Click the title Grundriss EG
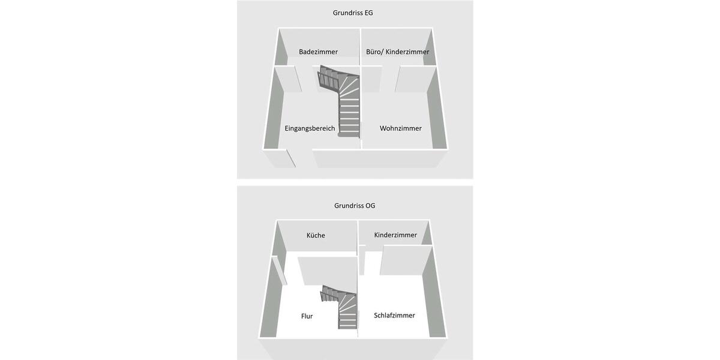(353, 13)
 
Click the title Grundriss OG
(355, 206)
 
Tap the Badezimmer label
(318, 52)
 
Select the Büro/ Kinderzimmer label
(398, 52)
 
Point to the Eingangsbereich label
(309, 128)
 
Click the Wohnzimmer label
(400, 128)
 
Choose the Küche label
(316, 235)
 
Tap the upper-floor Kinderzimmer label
(395, 235)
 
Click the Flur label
(307, 316)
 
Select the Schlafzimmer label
(394, 315)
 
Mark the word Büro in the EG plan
(373, 52)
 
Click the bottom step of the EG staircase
(349, 133)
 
